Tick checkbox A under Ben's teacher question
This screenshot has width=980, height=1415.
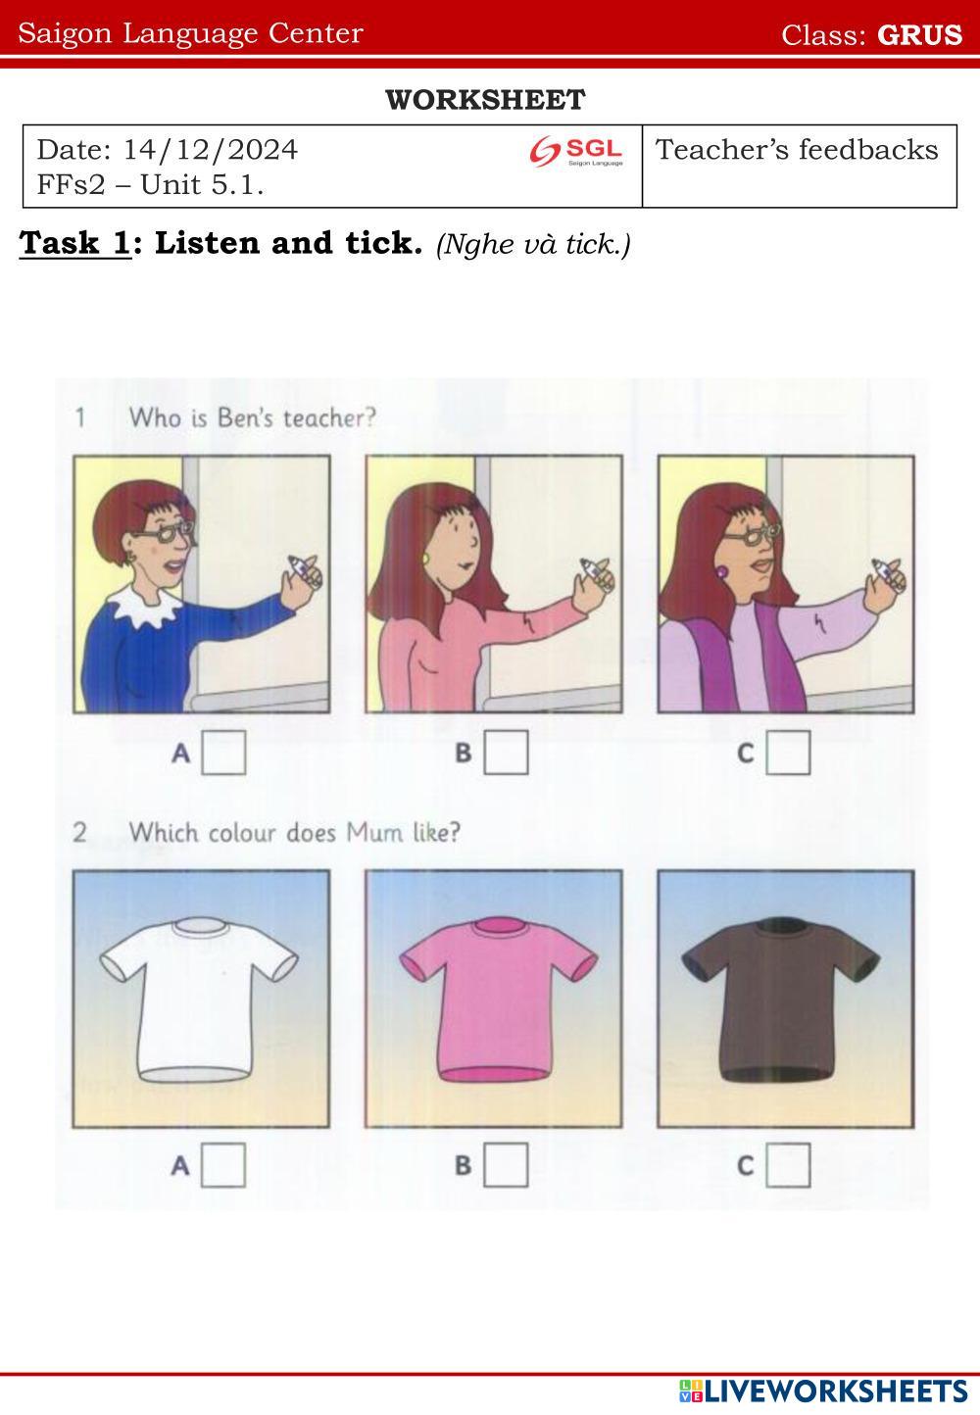click(223, 753)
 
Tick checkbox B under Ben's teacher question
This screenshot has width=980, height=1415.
click(506, 753)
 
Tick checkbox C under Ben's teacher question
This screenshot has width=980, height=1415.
click(788, 753)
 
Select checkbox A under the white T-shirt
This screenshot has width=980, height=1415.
click(223, 1165)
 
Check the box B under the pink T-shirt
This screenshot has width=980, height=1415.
click(506, 1165)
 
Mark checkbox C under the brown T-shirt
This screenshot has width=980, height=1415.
click(788, 1165)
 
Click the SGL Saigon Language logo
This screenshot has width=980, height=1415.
click(575, 152)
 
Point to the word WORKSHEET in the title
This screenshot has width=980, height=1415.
click(485, 100)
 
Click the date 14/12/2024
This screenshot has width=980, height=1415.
click(211, 150)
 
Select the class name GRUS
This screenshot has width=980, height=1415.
click(919, 34)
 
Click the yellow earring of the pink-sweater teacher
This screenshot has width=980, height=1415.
click(426, 560)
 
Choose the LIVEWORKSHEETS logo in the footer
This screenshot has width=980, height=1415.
click(823, 1391)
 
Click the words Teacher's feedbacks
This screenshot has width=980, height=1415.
click(797, 150)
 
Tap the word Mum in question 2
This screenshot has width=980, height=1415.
click(374, 833)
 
